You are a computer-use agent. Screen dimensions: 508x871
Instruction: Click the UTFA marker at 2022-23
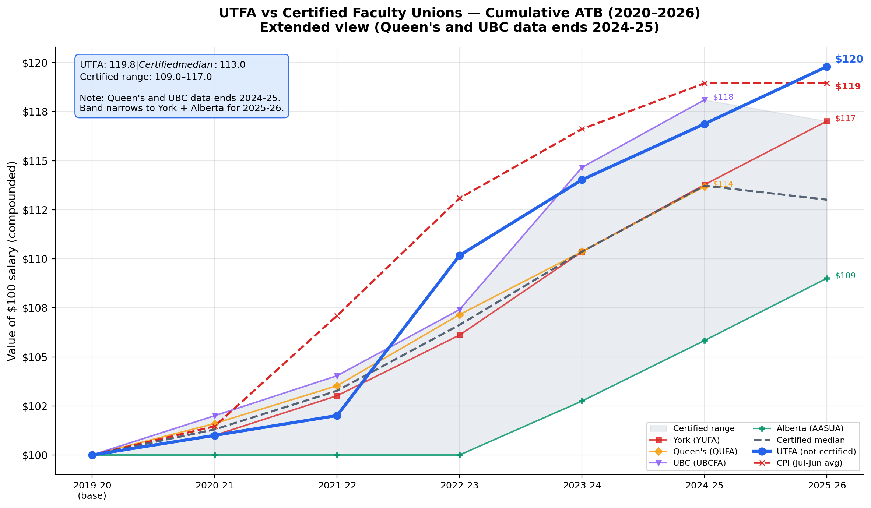point(459,255)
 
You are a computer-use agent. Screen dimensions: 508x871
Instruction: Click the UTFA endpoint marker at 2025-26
point(827,67)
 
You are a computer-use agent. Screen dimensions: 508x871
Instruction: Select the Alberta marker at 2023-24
point(582,401)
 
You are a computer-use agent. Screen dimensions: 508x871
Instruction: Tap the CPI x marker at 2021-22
point(337,316)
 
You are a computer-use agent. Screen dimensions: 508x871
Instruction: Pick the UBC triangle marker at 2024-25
point(705,100)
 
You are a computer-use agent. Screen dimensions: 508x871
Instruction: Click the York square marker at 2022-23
point(459,335)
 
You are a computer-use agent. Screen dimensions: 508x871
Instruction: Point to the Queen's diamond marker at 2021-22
point(337,386)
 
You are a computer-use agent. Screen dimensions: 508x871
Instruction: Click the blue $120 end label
point(849,59)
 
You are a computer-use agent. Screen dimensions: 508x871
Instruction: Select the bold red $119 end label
point(848,87)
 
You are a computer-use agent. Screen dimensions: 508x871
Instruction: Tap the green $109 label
point(845,276)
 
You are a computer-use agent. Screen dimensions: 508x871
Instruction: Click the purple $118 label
point(723,97)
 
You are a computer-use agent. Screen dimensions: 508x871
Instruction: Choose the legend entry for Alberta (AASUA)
point(809,428)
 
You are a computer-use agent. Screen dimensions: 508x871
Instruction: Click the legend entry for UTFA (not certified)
point(816,451)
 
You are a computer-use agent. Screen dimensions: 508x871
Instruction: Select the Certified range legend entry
point(703,428)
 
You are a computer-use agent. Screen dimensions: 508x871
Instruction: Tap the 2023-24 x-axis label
point(582,486)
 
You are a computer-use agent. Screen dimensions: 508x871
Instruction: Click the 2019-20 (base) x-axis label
point(92,490)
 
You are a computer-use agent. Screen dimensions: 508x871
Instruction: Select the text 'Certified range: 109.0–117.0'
point(146,77)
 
